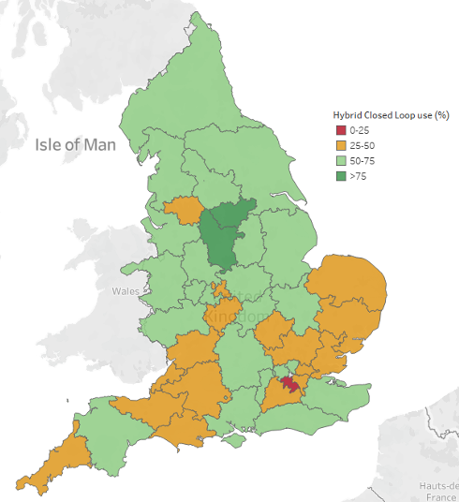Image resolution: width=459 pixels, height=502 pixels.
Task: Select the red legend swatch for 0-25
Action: pyautogui.click(x=340, y=130)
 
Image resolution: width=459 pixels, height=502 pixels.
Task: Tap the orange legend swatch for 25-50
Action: pyautogui.click(x=340, y=146)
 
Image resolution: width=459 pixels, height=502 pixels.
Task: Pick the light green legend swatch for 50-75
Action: pyautogui.click(x=340, y=161)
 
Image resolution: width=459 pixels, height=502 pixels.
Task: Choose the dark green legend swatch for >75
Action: pyautogui.click(x=340, y=177)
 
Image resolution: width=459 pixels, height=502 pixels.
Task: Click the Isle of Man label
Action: pyautogui.click(x=75, y=144)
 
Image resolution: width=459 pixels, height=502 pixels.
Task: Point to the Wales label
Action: pyautogui.click(x=126, y=291)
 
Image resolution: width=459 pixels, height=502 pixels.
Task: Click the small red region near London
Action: pyautogui.click(x=288, y=385)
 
